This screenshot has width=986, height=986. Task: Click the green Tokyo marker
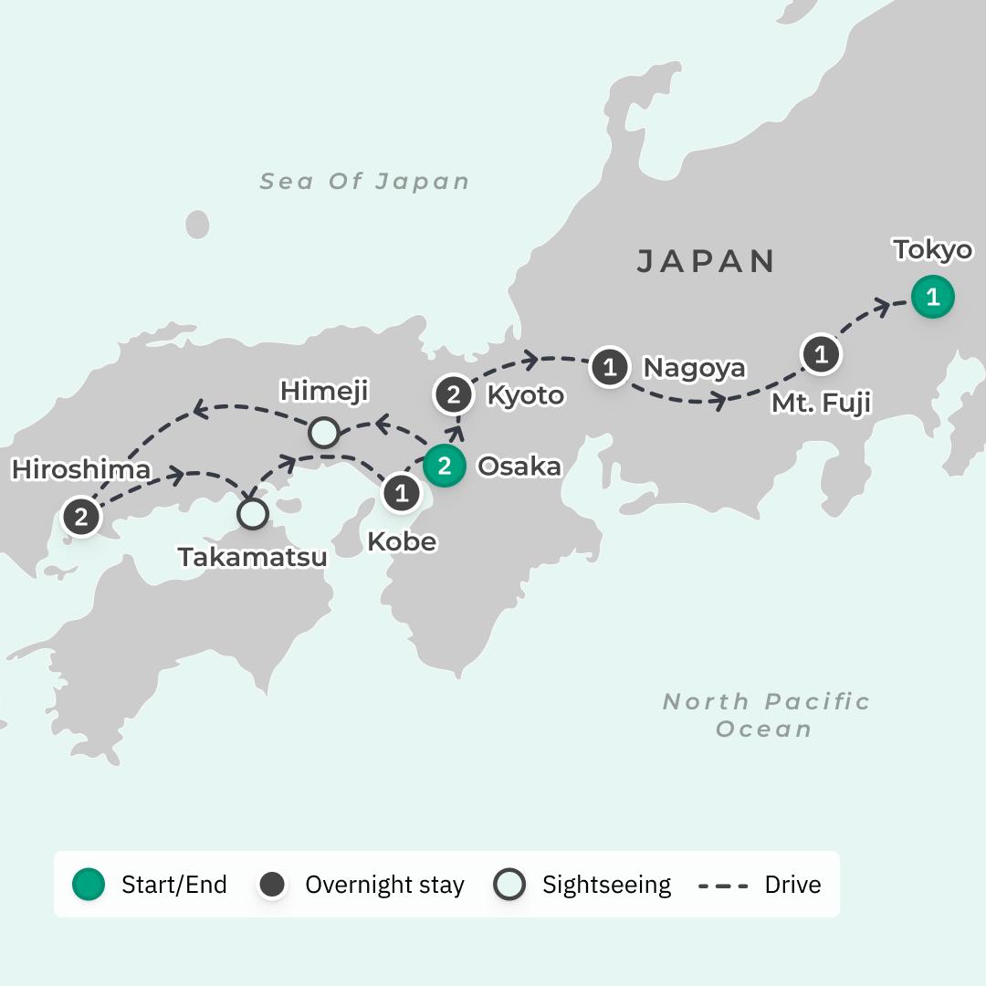coord(932,297)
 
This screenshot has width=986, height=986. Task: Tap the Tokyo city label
coord(932,249)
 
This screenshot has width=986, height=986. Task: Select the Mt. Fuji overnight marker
coord(820,354)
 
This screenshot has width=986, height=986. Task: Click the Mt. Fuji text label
coord(820,402)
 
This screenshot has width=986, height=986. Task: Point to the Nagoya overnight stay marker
coord(609,367)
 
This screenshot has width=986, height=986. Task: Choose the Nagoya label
coord(694,368)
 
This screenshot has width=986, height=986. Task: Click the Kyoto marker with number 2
coord(454,395)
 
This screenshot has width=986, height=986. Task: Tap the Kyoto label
coord(525,395)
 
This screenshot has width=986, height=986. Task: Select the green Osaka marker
coord(444,467)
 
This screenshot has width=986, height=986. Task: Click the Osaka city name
coord(519,467)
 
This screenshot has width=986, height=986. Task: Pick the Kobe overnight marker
coord(401,494)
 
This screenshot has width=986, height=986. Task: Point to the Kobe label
coord(402,541)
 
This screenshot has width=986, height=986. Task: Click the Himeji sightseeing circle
coord(324,433)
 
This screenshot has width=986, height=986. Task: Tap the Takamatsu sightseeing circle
coord(253,514)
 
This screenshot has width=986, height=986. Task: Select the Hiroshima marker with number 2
coord(81,518)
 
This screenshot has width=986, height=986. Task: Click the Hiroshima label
coord(80,470)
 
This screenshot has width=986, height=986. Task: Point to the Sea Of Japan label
coord(364,181)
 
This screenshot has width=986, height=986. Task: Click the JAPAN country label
coord(706,261)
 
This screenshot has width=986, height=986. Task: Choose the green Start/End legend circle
coord(89,884)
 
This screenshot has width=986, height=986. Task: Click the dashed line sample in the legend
coord(723,885)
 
